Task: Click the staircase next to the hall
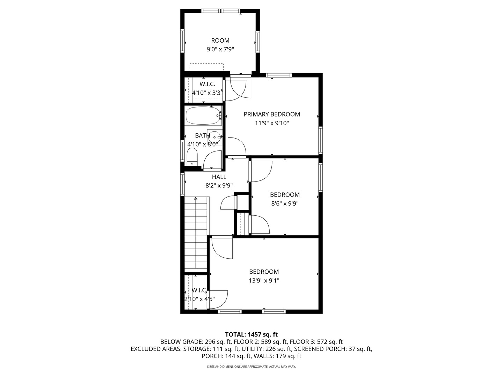[x=196, y=234]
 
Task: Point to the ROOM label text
[x=220, y=40]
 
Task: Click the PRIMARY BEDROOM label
[x=271, y=114]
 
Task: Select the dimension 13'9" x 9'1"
[x=264, y=280]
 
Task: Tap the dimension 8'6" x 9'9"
[x=285, y=204]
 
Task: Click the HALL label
[x=219, y=177]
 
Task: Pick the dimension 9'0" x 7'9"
[x=220, y=50]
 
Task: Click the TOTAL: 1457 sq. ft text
[x=251, y=334]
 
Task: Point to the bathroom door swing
[x=212, y=160]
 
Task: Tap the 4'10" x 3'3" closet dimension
[x=207, y=93]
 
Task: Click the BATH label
[x=202, y=135]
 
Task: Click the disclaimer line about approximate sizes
[x=251, y=367]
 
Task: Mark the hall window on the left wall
[x=182, y=184]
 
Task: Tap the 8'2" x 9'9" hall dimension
[x=219, y=186]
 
